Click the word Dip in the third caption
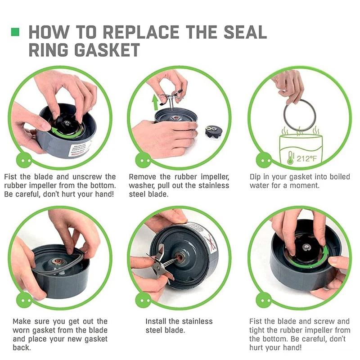256,177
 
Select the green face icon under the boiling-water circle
261,159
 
